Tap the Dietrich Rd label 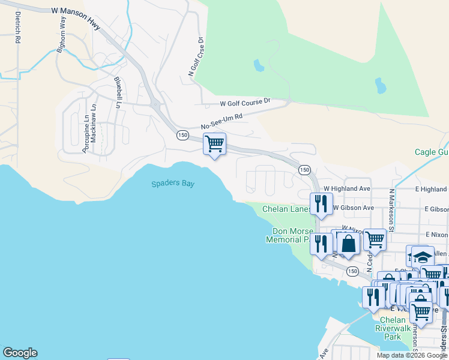click(18, 28)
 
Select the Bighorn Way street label click(61, 35)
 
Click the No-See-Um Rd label click(221, 122)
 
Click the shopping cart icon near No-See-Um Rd click(214, 144)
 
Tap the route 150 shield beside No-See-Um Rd click(182, 136)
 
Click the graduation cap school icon click(423, 257)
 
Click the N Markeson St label click(391, 210)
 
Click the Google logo click(20, 353)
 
